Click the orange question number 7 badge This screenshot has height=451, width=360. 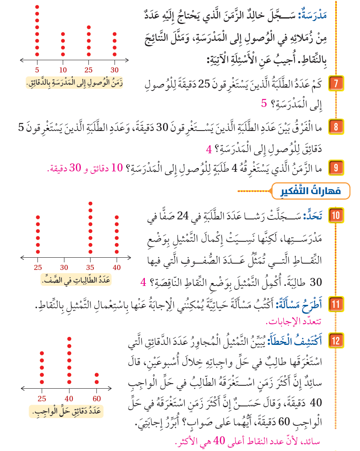[x=336, y=83]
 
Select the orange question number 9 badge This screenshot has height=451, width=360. [x=336, y=167]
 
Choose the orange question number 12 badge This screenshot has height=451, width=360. [x=336, y=340]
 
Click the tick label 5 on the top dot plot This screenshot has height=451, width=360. [x=37, y=69]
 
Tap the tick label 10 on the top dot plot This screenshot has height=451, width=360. [x=63, y=69]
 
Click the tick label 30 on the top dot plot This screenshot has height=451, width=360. [x=115, y=69]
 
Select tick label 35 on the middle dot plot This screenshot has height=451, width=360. [x=91, y=267]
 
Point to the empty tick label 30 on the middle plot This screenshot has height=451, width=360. [x=64, y=267]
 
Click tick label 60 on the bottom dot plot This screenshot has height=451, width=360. [x=97, y=399]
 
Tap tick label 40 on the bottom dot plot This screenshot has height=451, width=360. [x=69, y=399]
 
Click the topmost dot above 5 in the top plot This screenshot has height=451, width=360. [x=37, y=7]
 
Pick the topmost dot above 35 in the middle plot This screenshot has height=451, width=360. [x=91, y=203]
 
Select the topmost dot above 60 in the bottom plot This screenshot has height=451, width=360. [x=97, y=375]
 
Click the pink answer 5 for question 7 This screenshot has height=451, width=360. [x=264, y=103]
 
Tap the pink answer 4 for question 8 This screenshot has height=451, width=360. [x=209, y=150]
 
